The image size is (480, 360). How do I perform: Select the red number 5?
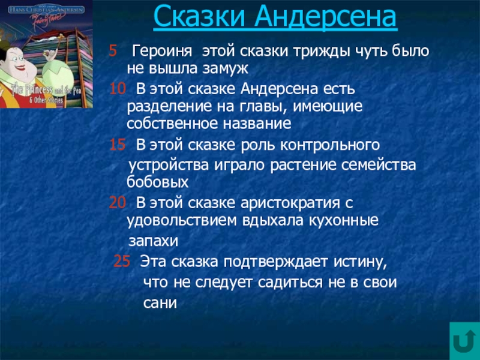click(112, 51)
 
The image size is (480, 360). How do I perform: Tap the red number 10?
click(118, 90)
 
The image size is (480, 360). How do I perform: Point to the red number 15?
click(118, 145)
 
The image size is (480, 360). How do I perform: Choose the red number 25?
click(122, 262)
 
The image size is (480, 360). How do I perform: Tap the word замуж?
click(218, 68)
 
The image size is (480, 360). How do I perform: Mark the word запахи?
click(154, 241)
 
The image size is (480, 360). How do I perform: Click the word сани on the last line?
click(160, 304)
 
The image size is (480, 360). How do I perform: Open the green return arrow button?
click(464, 341)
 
